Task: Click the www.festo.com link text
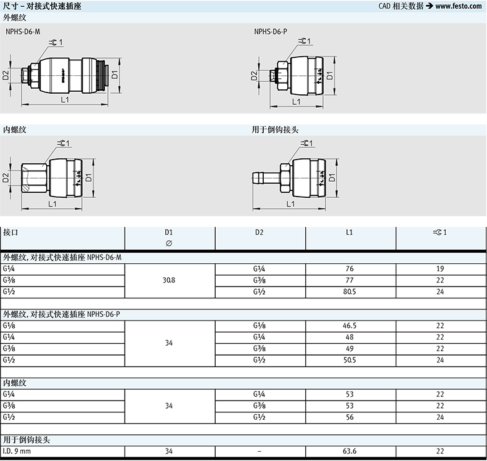pos(459,6)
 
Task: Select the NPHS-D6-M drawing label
pos(23,31)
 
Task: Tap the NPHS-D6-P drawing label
pos(271,31)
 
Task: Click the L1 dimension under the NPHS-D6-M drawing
pos(65,100)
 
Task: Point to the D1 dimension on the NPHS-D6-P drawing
pos(330,75)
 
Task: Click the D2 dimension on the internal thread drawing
pos(6,178)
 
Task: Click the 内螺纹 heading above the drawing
pos(15,130)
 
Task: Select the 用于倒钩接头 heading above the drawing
pos(275,130)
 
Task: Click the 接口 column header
pos(10,232)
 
